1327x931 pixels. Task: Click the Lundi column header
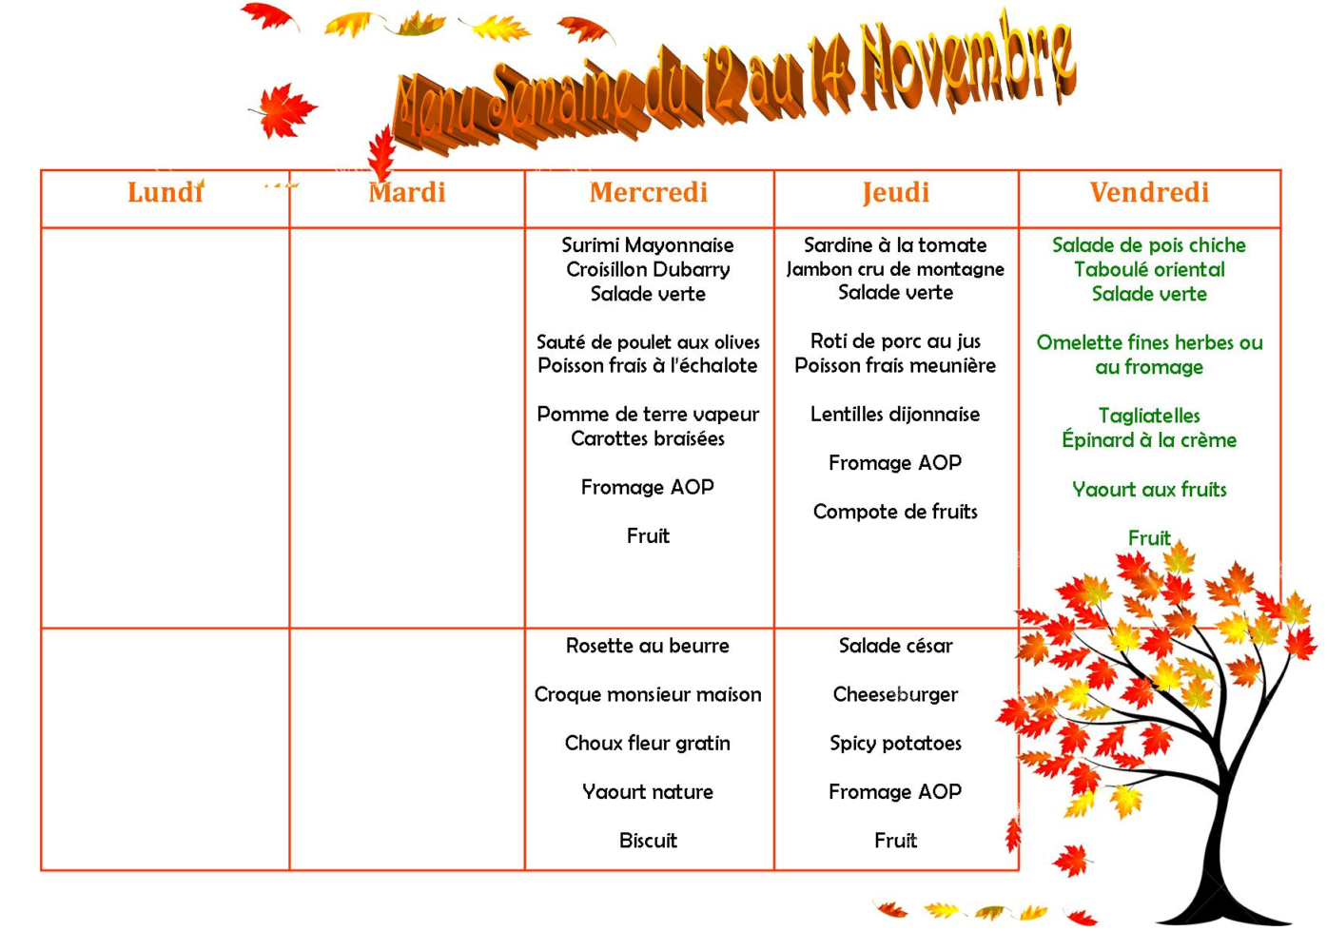(166, 193)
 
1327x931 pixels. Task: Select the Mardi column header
(407, 193)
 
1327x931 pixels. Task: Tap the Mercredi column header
(649, 193)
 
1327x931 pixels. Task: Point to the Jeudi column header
(896, 193)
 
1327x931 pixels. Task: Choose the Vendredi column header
(1149, 193)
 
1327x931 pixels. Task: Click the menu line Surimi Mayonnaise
(648, 245)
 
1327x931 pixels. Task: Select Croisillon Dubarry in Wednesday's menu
(648, 270)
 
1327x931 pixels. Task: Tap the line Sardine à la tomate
(895, 245)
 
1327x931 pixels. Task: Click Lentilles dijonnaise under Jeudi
(895, 415)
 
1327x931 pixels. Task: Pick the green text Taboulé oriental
(1149, 270)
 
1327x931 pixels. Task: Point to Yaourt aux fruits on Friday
(1149, 490)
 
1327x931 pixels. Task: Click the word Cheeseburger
(895, 695)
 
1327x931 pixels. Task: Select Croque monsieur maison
(648, 695)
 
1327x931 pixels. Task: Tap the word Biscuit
(648, 842)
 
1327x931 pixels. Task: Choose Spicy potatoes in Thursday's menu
(895, 744)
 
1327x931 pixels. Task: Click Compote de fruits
(895, 513)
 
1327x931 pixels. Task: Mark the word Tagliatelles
(1149, 416)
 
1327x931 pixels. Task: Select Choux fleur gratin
(648, 744)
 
